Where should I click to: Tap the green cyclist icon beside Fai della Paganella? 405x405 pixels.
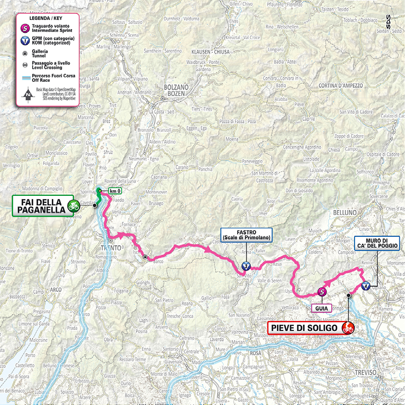click(73, 206)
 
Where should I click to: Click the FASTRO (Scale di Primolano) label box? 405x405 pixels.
click(246, 235)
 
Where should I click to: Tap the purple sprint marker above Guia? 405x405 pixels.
click(322, 292)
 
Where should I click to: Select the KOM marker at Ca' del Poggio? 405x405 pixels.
click(366, 286)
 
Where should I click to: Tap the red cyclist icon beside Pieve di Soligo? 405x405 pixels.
click(348, 328)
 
